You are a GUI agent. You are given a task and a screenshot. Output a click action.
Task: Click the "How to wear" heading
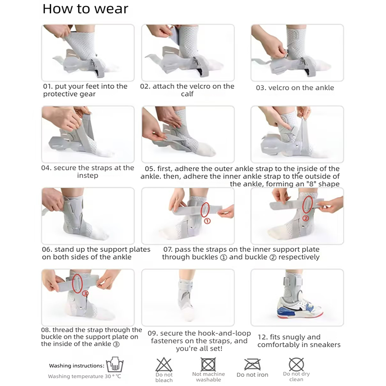85,9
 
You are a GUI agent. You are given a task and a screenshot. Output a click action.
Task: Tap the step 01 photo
88,53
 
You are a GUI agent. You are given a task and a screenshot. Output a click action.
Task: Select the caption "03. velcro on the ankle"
294,88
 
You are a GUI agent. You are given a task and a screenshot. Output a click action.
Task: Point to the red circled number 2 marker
305,218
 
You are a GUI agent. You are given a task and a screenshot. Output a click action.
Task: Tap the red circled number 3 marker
85,293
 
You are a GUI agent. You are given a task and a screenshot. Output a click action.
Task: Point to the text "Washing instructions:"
77,366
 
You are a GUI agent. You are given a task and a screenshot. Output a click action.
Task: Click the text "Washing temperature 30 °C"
84,376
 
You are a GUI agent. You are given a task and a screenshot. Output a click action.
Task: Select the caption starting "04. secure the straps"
87,172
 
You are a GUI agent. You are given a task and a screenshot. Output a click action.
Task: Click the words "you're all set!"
199,348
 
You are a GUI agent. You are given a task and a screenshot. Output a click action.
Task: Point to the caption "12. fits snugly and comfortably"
299,341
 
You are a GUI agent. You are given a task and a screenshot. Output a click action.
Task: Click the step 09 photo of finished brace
188,297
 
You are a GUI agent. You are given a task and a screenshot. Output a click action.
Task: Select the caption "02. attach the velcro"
187,90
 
